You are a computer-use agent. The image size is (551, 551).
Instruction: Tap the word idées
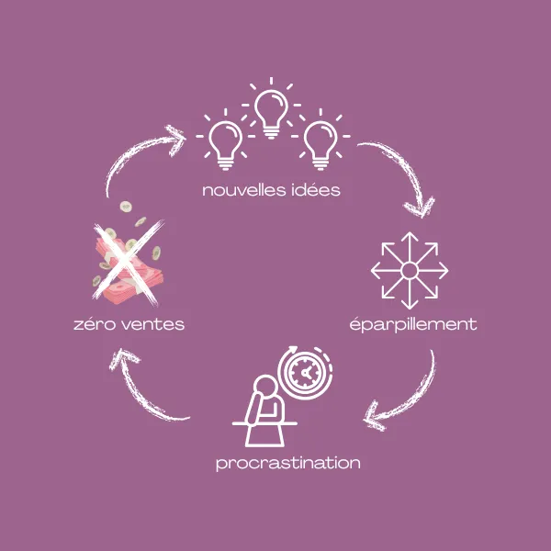pos(315,191)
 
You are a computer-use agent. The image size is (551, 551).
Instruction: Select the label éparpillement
pos(413,324)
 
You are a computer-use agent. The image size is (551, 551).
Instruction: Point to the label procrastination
pos(287,462)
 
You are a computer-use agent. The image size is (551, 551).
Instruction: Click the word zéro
pos(96,324)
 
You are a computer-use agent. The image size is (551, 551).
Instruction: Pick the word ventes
pos(155,324)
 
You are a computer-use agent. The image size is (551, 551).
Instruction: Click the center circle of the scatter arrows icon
pos(410,270)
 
